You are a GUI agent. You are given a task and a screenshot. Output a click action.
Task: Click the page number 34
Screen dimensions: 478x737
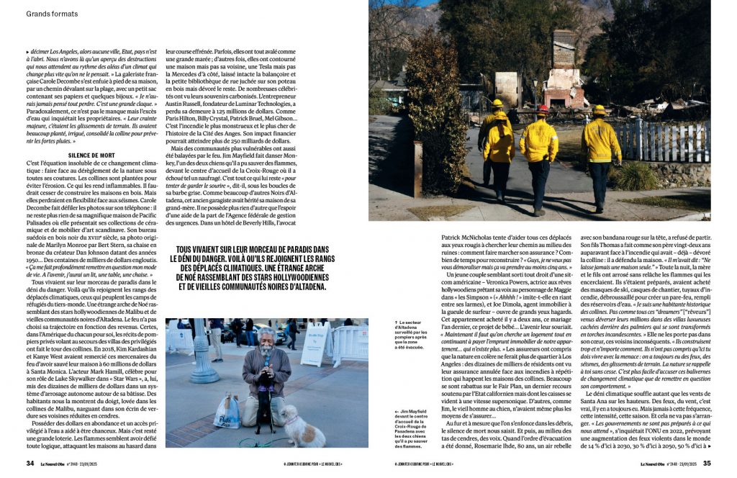click(x=30, y=463)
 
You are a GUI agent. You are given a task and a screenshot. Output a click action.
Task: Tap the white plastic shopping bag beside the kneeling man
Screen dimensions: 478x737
click(x=228, y=412)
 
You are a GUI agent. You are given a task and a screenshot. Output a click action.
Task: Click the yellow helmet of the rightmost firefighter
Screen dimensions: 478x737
click(x=599, y=110)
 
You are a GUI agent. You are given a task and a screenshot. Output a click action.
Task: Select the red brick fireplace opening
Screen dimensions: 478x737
click(x=556, y=96)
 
